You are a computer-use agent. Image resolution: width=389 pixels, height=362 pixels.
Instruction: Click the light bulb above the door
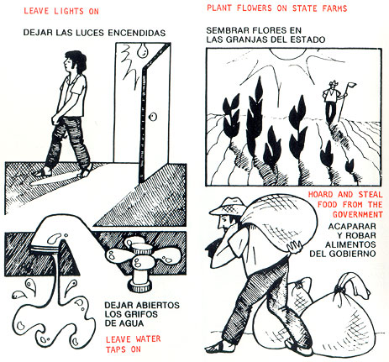coord(144,50)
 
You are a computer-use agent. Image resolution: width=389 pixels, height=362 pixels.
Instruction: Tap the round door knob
coord(153,117)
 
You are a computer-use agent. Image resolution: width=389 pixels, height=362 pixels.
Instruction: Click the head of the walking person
coord(74,62)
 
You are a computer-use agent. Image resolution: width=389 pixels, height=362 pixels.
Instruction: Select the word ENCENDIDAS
coord(137,33)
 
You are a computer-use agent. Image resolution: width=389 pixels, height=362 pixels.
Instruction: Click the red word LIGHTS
coord(69,11)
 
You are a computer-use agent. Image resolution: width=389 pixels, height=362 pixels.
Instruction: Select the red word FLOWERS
coord(254,8)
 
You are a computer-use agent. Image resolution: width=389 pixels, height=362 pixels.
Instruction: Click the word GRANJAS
coord(245,39)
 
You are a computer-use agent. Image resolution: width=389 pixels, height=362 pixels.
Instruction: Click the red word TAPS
coord(116,349)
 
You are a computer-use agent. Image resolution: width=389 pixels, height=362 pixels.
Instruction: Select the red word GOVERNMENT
coord(358,214)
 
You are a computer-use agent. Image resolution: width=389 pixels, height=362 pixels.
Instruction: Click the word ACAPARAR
coord(352,226)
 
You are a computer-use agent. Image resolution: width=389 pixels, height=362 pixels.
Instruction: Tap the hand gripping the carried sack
coord(294,247)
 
